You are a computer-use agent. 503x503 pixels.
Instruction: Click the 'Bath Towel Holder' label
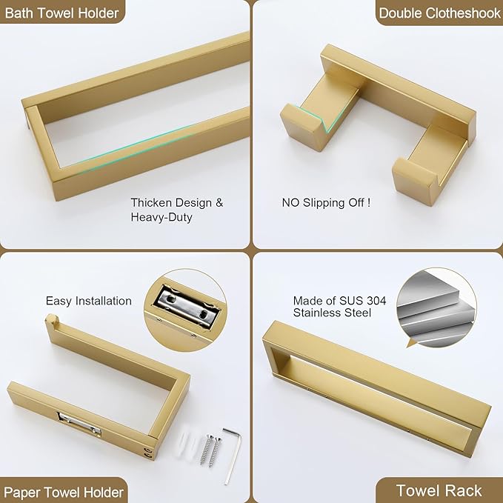coord(62,13)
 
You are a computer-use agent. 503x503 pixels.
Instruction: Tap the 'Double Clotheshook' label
coord(439,13)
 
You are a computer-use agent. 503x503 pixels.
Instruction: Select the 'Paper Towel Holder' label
coord(64,492)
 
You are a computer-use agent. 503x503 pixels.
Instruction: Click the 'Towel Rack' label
coord(439,490)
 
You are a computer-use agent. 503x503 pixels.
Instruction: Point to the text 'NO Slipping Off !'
coord(326,202)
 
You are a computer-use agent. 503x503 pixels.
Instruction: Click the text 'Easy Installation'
coord(89,301)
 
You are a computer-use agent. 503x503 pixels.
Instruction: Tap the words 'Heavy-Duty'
coord(161,217)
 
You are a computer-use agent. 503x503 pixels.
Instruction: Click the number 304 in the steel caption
coord(376,301)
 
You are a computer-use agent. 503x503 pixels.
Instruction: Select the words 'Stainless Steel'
coord(332,313)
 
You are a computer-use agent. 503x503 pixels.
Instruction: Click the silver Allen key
coord(232,456)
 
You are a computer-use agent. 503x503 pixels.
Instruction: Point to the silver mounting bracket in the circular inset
coord(187,307)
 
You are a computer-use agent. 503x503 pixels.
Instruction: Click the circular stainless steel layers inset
coord(436,307)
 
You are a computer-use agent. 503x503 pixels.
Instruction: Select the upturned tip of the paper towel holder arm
coord(52,319)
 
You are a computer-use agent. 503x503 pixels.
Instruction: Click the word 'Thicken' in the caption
coord(151,202)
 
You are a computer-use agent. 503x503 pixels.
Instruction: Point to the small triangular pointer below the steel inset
coord(411,344)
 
